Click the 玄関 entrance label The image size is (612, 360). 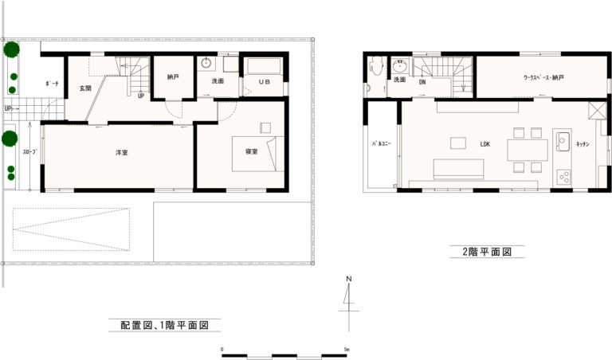pos(85,88)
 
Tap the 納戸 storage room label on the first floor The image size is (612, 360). pos(173,77)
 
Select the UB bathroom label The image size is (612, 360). pos(265,82)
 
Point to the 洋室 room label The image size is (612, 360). pos(122,152)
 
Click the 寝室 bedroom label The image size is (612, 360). pos(251,151)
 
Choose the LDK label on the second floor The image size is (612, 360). pos(484,144)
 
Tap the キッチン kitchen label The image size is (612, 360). pos(583,144)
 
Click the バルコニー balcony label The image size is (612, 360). pos(382,143)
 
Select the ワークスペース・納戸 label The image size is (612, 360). pos(543,77)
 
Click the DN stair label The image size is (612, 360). pos(422,82)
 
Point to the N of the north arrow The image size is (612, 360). pos(349,279)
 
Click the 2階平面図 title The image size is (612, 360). pos(487,252)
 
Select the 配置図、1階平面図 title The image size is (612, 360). pos(164,325)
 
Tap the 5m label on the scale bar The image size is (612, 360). pos(347,349)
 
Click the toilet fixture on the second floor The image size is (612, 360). pos(376,65)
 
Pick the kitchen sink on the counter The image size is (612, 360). pos(563,141)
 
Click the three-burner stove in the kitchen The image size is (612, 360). pos(563,176)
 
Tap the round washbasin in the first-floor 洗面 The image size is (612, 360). pos(206,63)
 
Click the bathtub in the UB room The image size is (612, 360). pos(265,65)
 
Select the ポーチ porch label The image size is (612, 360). pos(52,84)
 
